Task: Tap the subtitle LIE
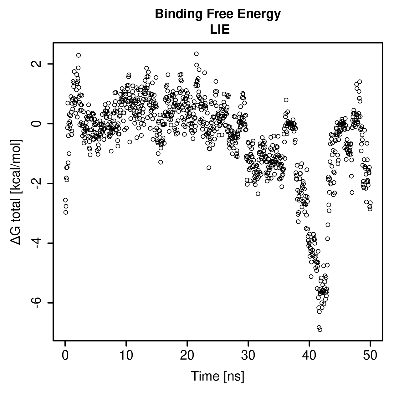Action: coord(220,30)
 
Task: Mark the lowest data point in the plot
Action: coord(320,330)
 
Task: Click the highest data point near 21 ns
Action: coord(196,54)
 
